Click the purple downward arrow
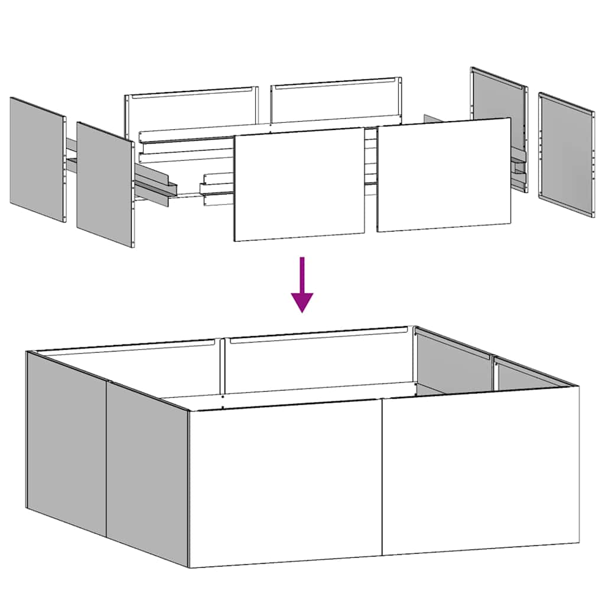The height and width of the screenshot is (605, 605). pyautogui.click(x=302, y=284)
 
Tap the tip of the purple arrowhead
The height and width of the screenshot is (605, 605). pyautogui.click(x=302, y=311)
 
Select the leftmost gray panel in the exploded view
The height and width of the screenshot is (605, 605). pyautogui.click(x=37, y=160)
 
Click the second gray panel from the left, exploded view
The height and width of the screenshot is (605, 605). pyautogui.click(x=105, y=184)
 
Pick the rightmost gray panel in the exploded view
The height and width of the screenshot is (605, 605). pyautogui.click(x=566, y=155)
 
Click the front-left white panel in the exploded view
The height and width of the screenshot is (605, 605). pyautogui.click(x=299, y=184)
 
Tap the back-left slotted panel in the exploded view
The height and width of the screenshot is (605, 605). pyautogui.click(x=191, y=109)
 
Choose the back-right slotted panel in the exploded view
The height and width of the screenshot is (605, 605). pyautogui.click(x=336, y=102)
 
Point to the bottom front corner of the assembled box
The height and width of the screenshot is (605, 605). pyautogui.click(x=189, y=567)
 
